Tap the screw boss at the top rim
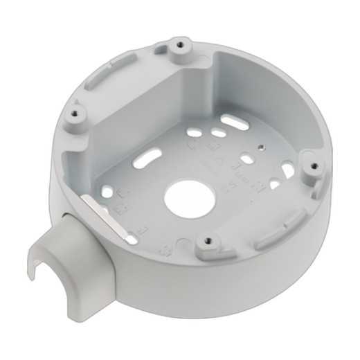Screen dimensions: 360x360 pyautogui.click(x=179, y=46)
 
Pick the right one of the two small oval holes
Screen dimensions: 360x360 pyautogui.click(x=218, y=132)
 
